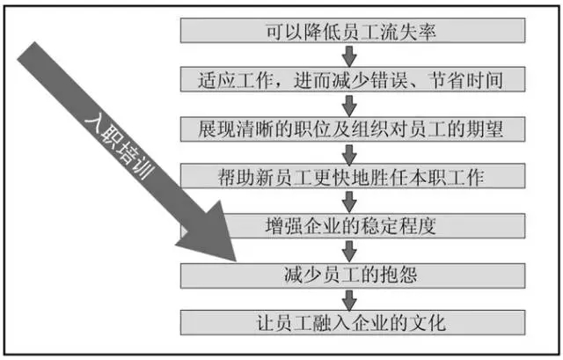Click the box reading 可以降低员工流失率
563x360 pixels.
353,31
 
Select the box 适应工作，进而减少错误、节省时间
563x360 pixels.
353,79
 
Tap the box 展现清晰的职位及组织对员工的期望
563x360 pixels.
353,129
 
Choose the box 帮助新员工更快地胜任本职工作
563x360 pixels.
353,176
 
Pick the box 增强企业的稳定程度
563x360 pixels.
373,225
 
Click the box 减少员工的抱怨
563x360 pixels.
353,276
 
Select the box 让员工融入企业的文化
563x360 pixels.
353,323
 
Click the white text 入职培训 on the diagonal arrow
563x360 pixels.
120,147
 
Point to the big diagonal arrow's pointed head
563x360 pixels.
235,261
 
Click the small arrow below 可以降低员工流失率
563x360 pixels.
349,55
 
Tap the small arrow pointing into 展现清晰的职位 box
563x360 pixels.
349,105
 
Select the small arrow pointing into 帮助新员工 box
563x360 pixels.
349,153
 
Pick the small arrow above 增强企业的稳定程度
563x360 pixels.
349,202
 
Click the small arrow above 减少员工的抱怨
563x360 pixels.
349,251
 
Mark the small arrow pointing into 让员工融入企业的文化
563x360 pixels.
349,299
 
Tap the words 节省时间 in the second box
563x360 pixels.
466,80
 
